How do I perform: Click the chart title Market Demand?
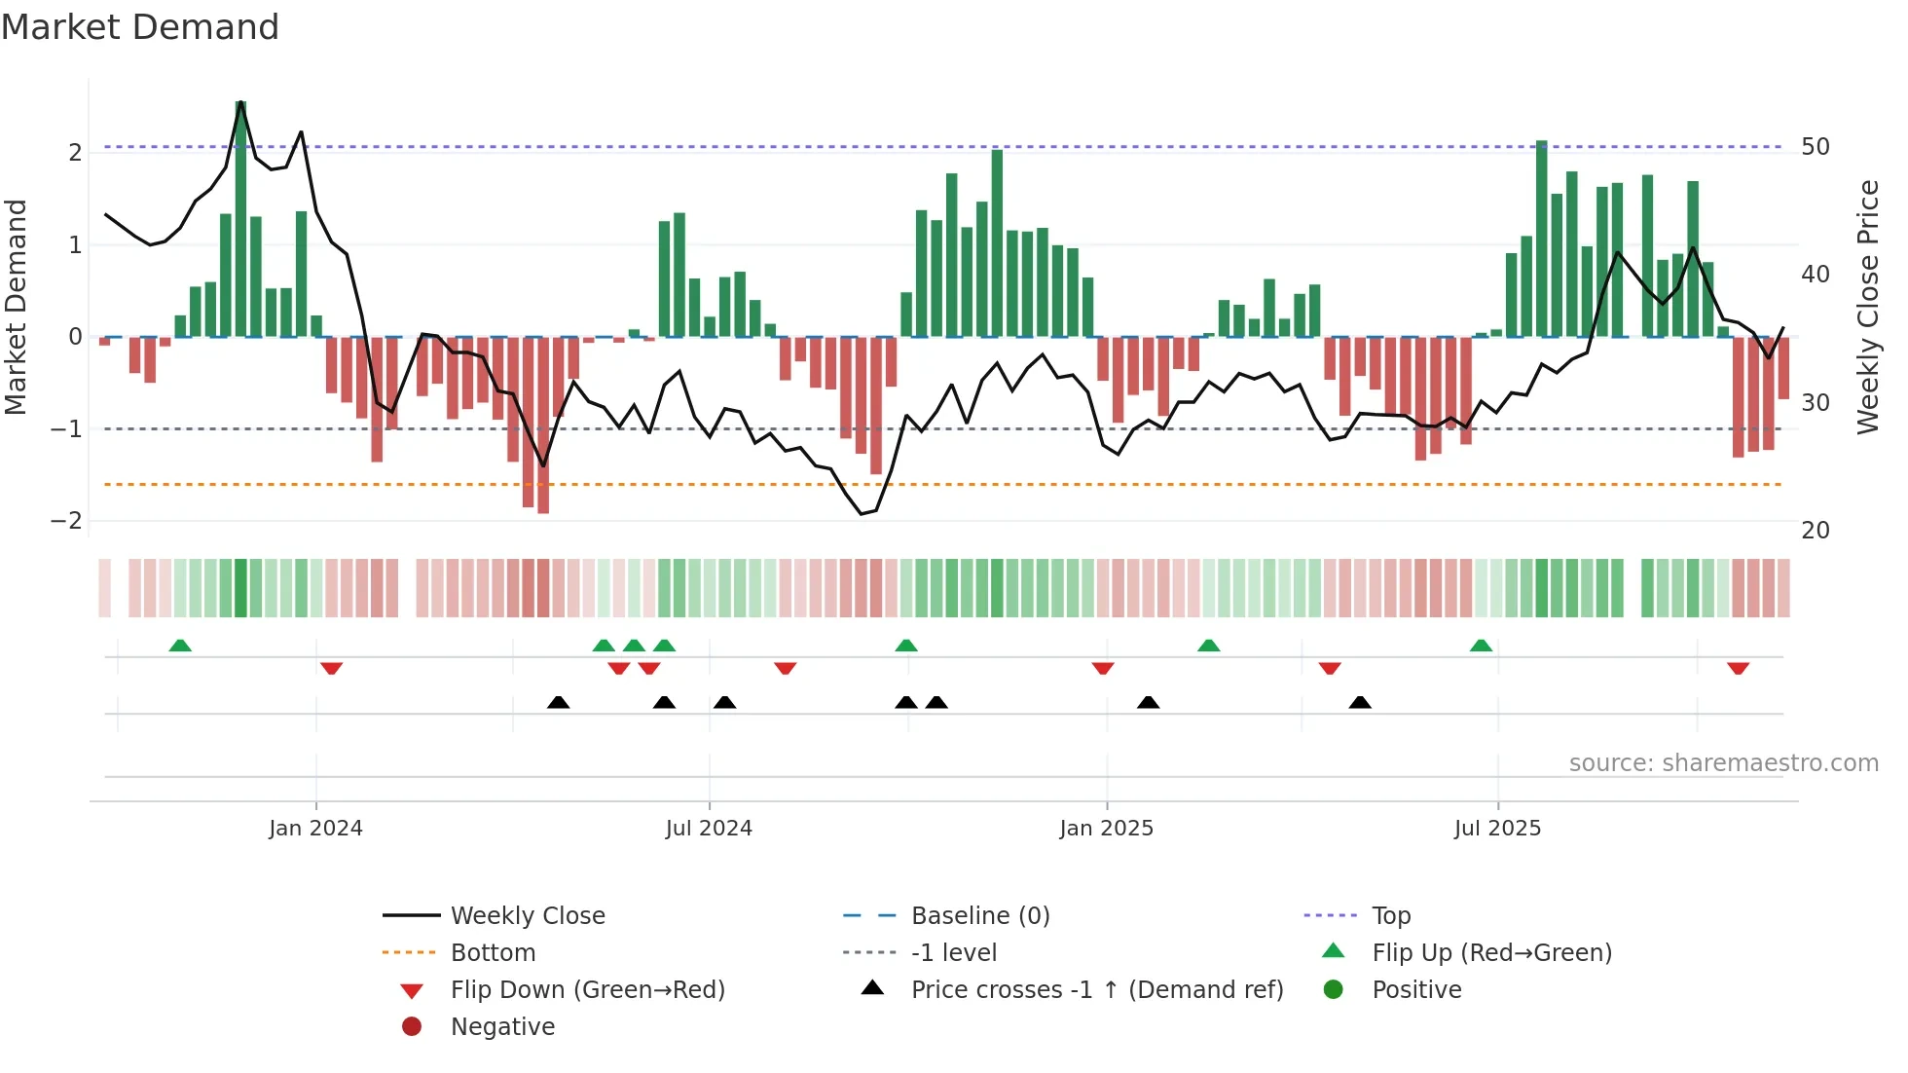tap(140, 27)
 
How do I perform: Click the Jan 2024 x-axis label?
tap(315, 829)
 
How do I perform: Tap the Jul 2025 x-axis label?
tap(1497, 829)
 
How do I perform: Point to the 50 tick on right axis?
tap(1816, 147)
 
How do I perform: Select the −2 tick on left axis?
tap(66, 521)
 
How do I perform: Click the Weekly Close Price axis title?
tap(1867, 307)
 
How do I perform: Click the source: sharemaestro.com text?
tap(1723, 763)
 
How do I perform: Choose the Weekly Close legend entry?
tap(527, 916)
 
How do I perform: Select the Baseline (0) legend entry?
tap(979, 916)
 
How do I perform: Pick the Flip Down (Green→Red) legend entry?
tap(587, 990)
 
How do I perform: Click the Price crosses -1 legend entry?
tap(1096, 990)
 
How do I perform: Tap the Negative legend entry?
tap(502, 1027)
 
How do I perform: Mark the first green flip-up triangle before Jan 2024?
tap(180, 646)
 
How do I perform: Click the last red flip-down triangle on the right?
tap(1738, 668)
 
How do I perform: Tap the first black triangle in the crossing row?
tap(558, 702)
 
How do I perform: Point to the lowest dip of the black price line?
tap(862, 513)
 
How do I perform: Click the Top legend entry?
tap(1390, 916)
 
